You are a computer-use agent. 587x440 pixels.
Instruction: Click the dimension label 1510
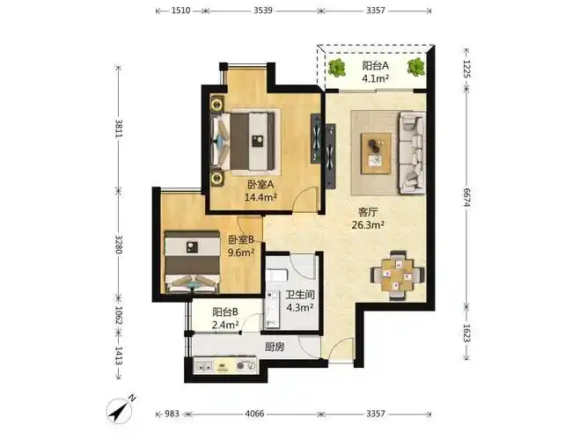[x=180, y=11]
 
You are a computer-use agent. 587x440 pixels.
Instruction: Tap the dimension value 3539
[x=263, y=11]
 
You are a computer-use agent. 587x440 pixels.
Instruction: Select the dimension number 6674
[x=466, y=197]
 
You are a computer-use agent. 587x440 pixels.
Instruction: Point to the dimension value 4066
[x=254, y=414]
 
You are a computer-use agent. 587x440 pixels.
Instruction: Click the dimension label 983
[x=172, y=414]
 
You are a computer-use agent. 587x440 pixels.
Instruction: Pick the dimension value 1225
[x=466, y=69]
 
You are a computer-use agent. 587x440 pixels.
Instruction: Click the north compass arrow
[x=121, y=409]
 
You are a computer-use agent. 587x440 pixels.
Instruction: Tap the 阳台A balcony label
[x=375, y=66]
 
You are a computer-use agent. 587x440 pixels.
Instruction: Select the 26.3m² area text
[x=368, y=225]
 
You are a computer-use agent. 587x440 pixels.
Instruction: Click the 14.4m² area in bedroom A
[x=260, y=197]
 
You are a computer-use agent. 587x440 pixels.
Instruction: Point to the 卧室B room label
[x=241, y=239]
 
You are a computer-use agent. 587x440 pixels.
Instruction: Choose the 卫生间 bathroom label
[x=300, y=295]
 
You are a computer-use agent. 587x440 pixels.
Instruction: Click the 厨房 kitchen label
[x=275, y=347]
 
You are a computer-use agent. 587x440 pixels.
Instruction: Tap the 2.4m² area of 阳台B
[x=225, y=325]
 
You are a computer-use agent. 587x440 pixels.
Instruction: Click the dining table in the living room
[x=398, y=275]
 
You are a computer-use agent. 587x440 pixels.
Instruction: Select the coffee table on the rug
[x=376, y=153]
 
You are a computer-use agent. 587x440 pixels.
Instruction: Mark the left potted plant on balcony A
[x=336, y=68]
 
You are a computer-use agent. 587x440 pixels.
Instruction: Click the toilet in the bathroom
[x=275, y=276]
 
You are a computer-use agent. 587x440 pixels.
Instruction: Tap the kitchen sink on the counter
[x=204, y=366]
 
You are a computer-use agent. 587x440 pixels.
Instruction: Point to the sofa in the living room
[x=412, y=152]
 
